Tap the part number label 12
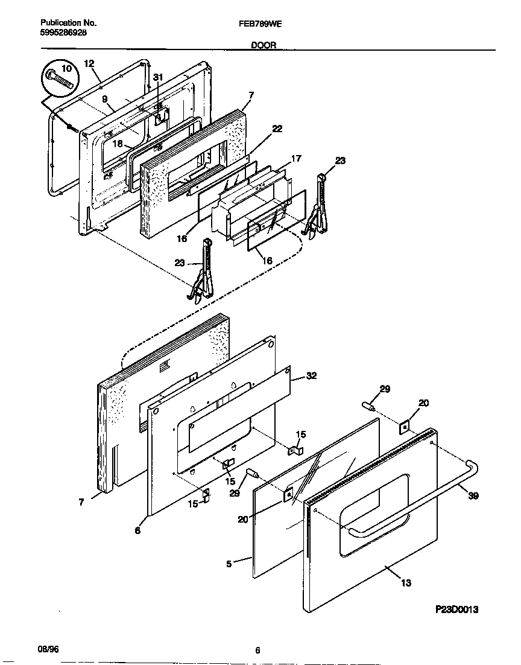[89, 63]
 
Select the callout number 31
[158, 77]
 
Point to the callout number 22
[277, 129]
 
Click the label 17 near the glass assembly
[295, 159]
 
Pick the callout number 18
[117, 144]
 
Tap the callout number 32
[311, 375]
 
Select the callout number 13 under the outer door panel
[406, 582]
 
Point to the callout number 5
[230, 564]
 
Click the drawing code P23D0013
[456, 609]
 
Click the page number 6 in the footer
[257, 650]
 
